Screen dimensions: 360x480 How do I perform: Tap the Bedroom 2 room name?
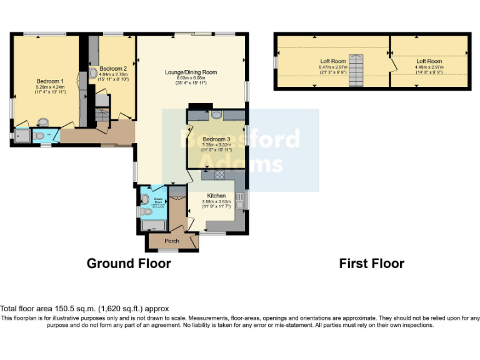[113, 68]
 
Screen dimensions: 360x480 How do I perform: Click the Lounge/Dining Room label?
[191, 72]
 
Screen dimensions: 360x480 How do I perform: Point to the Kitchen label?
[216, 196]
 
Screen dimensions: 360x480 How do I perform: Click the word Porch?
[172, 241]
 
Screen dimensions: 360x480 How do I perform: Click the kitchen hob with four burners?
[220, 176]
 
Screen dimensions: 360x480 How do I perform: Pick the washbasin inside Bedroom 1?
[43, 122]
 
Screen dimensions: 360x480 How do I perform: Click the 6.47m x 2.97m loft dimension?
[332, 67]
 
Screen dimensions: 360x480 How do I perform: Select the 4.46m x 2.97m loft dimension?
[429, 67]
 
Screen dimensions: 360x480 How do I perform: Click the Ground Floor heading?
[128, 264]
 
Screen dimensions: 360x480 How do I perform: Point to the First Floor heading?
[371, 264]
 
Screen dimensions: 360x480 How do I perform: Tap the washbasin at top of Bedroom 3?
[216, 115]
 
